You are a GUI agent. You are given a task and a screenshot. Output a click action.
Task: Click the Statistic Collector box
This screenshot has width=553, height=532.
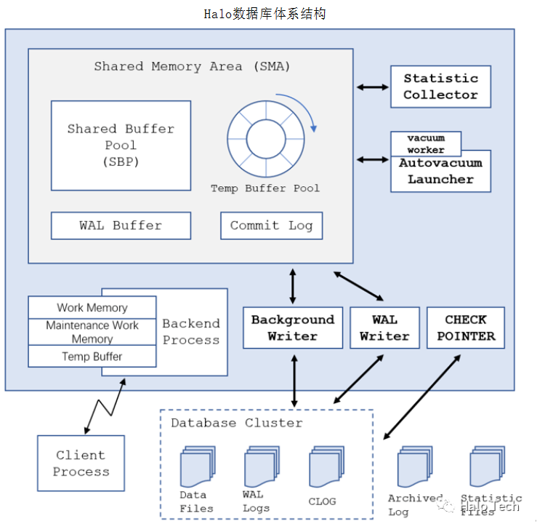click(440, 87)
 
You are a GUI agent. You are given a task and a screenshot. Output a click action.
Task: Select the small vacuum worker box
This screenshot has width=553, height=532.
click(426, 143)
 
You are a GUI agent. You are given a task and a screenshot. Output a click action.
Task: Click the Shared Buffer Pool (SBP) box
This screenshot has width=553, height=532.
click(121, 145)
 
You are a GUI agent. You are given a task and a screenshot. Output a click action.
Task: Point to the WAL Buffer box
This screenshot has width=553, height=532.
click(121, 226)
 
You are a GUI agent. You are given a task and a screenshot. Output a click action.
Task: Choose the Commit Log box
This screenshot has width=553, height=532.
click(271, 226)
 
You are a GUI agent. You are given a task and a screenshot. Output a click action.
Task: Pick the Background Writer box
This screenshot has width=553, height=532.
click(292, 327)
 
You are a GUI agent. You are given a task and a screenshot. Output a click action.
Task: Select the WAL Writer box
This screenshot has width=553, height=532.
click(384, 327)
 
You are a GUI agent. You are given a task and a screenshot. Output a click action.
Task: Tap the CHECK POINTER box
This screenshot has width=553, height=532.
click(465, 327)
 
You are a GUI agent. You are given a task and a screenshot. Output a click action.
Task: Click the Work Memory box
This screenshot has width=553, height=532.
click(92, 308)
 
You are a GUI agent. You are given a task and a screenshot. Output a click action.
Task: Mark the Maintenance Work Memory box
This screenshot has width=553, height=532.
click(92, 332)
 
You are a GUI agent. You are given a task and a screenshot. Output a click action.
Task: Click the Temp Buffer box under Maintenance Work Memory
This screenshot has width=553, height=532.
click(92, 357)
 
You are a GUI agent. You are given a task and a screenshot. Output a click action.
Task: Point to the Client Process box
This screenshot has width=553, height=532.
click(81, 463)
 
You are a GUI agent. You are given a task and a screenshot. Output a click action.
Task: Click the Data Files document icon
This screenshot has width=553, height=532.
click(195, 467)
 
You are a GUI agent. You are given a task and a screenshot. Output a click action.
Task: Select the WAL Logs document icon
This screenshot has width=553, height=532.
click(259, 467)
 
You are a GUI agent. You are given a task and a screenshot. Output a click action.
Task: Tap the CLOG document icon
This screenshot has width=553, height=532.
click(323, 467)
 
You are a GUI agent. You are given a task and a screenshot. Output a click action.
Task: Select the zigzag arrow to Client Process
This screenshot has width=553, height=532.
click(105, 409)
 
